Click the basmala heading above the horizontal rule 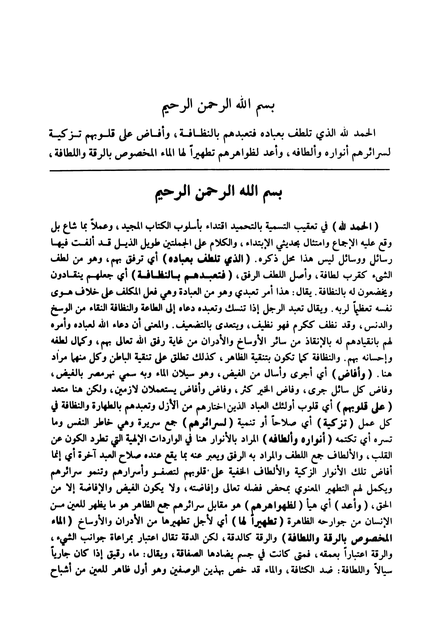[221, 109]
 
